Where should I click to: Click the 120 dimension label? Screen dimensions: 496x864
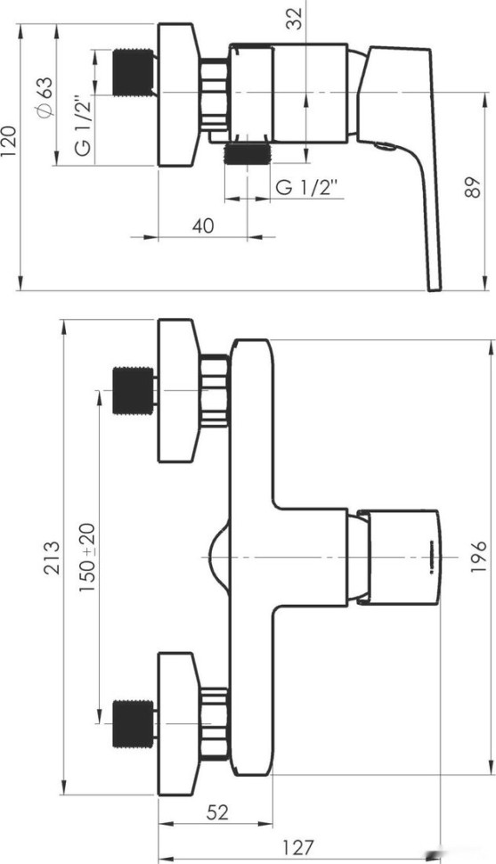[x=10, y=141]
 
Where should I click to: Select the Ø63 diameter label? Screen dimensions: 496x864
[x=45, y=96]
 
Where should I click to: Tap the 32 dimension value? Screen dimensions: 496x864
[x=296, y=18]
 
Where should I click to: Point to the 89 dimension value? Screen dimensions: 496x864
[x=472, y=187]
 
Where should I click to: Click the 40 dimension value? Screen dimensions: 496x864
[x=203, y=225]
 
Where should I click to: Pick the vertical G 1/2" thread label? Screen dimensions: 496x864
[x=83, y=126]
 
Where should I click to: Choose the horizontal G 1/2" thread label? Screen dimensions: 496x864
[x=305, y=188]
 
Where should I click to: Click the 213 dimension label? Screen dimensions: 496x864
[x=52, y=558]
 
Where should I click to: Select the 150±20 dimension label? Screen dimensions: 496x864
[x=86, y=558]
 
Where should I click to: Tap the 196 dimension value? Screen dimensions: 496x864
[x=478, y=557]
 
